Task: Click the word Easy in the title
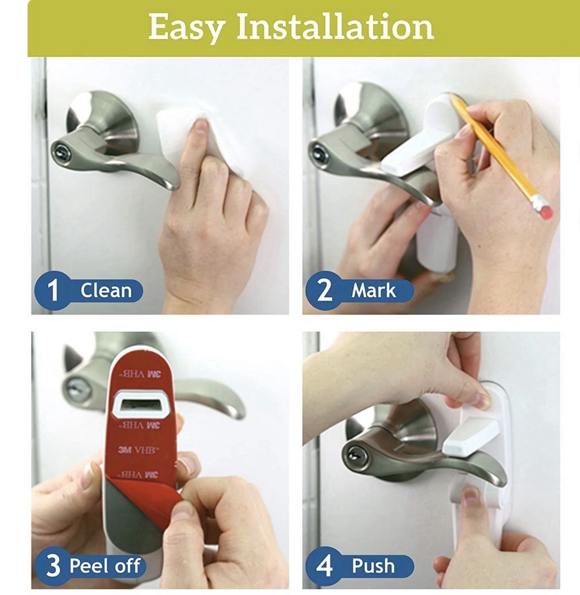[186, 28]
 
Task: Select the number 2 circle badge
[325, 290]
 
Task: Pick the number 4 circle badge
[325, 566]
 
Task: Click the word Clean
[106, 291]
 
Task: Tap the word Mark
[374, 291]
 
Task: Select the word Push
[373, 566]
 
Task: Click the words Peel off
[105, 566]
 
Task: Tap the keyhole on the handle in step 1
[62, 153]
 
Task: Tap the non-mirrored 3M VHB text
[139, 450]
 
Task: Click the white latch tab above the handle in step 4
[471, 436]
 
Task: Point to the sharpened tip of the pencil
[451, 95]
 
